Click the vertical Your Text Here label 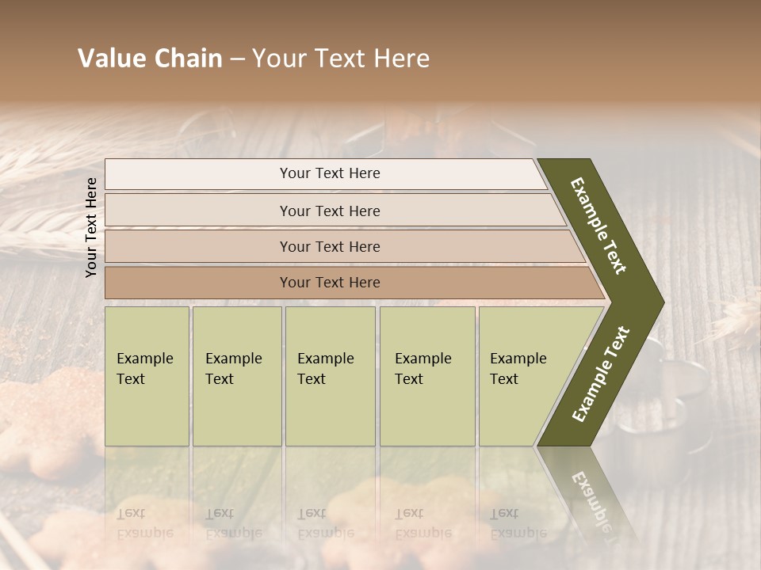point(91,227)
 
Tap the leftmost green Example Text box point(147,376)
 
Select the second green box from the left point(236,376)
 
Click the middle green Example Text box point(330,376)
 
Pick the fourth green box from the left point(427,376)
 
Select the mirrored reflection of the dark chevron point(587,491)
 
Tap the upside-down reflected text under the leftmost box point(144,522)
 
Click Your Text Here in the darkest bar point(330,283)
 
